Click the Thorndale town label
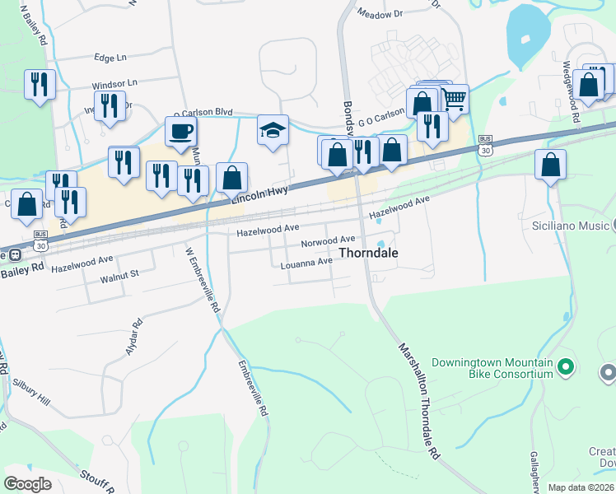(369, 254)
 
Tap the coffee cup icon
(180, 130)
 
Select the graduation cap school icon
(273, 130)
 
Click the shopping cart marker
(454, 100)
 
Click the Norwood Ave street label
(328, 242)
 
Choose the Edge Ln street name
(110, 58)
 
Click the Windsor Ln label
(114, 85)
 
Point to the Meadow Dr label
(380, 13)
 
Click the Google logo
(28, 484)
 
